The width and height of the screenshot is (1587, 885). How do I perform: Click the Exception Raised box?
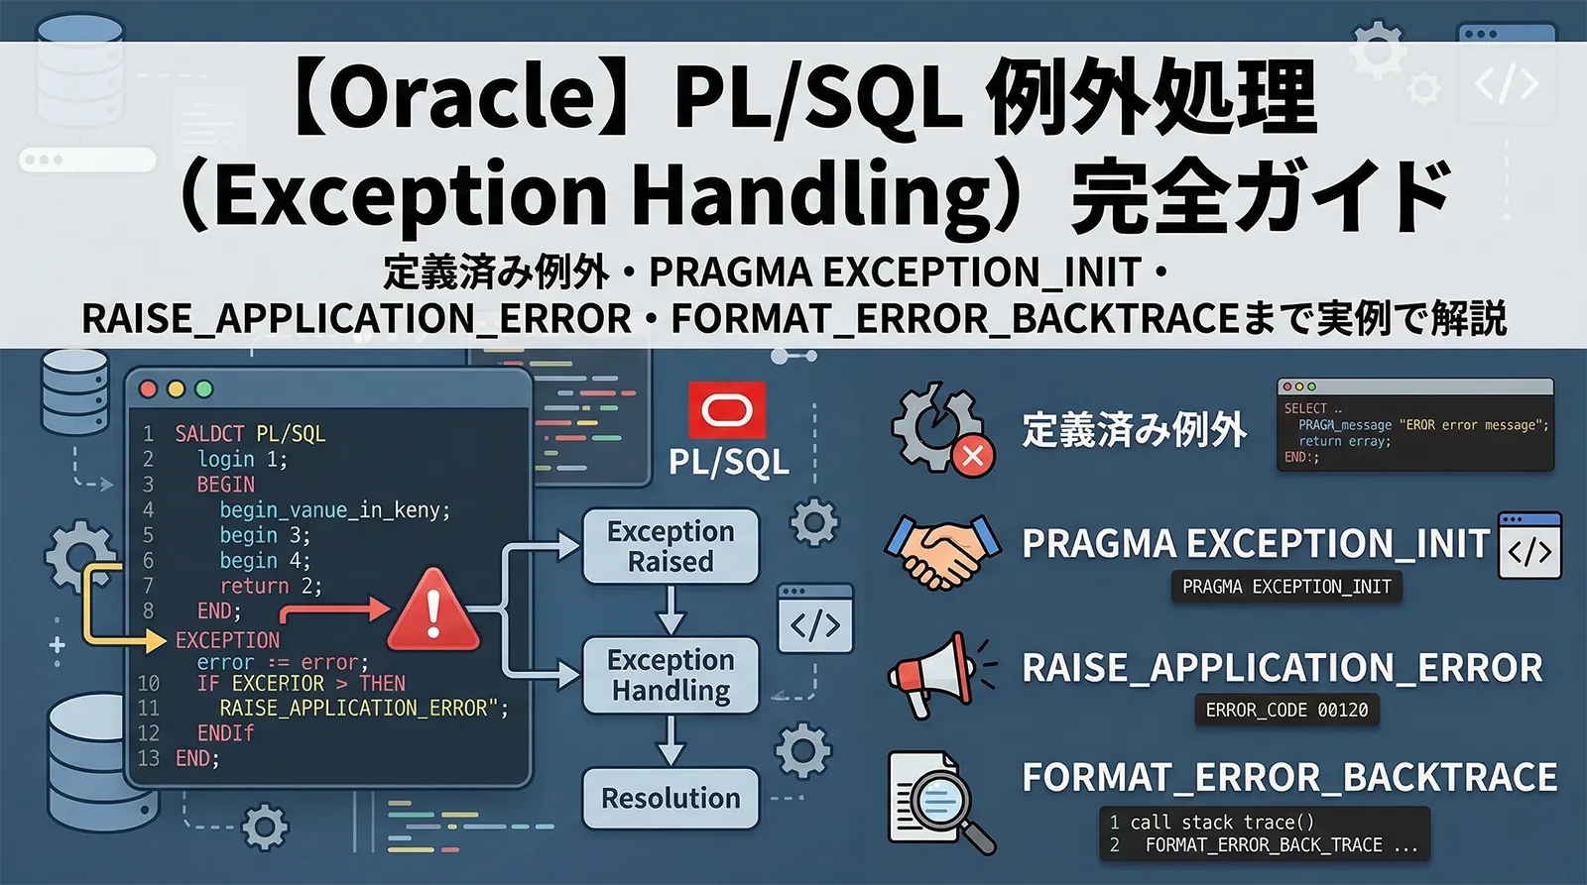[x=671, y=546]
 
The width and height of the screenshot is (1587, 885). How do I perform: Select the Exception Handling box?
[x=671, y=675]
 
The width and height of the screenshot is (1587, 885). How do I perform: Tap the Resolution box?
[x=671, y=798]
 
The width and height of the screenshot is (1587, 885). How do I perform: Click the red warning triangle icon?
[x=433, y=611]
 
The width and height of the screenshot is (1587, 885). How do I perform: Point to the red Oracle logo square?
[x=728, y=409]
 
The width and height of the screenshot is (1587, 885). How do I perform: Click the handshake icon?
[x=943, y=551]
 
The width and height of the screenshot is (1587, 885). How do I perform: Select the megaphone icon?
[x=932, y=674]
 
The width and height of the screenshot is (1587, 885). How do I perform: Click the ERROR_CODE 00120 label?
[x=1286, y=710]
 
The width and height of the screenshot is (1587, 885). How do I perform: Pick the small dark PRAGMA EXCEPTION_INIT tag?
[x=1286, y=587]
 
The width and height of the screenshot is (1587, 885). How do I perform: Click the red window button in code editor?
[x=149, y=388]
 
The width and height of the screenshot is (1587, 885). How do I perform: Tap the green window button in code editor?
[x=204, y=388]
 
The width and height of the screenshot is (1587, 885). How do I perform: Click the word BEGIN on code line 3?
[x=226, y=485]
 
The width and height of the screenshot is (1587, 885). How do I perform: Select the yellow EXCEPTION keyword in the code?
[x=227, y=640]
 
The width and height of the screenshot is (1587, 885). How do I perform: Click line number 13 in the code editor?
[x=149, y=758]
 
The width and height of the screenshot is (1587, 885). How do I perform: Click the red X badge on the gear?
[x=973, y=456]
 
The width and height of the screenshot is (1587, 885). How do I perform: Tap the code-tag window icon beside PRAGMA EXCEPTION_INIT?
[x=1529, y=546]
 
